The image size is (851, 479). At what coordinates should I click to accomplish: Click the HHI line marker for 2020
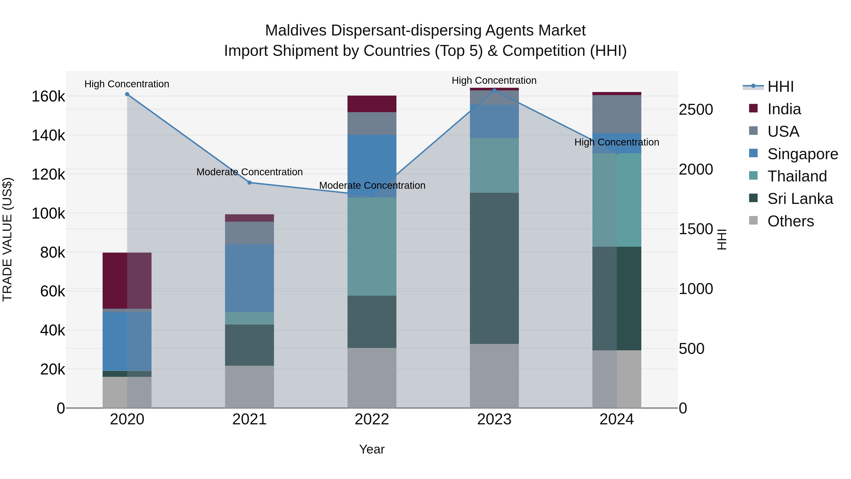tap(127, 94)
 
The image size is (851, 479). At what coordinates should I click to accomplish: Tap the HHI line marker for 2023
tap(494, 90)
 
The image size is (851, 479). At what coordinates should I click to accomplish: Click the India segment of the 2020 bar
tap(127, 280)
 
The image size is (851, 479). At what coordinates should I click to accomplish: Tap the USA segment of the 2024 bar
tap(617, 114)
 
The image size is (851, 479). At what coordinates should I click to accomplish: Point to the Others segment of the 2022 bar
tap(372, 378)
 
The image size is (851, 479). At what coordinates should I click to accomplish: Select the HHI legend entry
tap(780, 87)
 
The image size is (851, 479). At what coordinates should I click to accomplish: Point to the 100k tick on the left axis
tap(48, 214)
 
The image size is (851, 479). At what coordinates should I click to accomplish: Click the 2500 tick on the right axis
tap(696, 110)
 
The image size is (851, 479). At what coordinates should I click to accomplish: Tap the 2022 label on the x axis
tap(372, 419)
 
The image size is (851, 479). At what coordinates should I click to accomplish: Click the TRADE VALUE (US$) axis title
tap(7, 239)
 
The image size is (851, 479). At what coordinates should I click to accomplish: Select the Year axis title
tap(372, 449)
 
